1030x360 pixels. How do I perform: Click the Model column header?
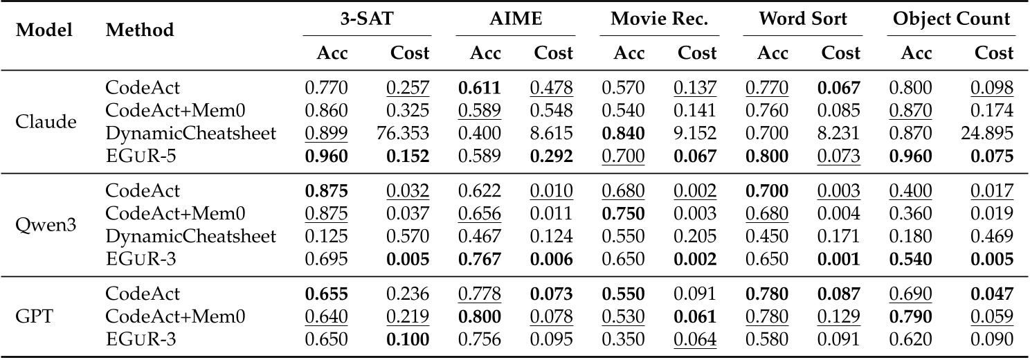[x=45, y=30]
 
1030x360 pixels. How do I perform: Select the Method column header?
[x=140, y=30]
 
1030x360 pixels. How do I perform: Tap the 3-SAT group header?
[x=367, y=19]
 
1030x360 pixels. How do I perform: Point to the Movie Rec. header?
[x=659, y=19]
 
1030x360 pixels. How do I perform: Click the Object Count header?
[x=951, y=19]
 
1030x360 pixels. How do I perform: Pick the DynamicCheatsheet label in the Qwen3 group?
[x=190, y=236]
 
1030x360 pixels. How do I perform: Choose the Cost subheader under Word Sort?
[x=840, y=53]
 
